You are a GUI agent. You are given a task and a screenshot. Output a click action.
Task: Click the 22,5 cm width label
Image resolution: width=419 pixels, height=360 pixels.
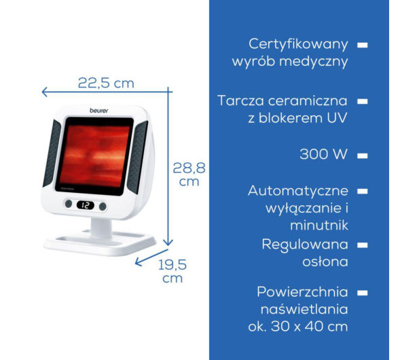106,83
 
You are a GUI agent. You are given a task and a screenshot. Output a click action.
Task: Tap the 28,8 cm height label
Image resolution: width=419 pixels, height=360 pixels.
189,175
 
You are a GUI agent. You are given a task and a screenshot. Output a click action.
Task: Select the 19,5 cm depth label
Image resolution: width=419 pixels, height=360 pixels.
172,271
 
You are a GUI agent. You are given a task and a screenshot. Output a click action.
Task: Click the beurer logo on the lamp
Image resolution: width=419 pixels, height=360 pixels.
99,111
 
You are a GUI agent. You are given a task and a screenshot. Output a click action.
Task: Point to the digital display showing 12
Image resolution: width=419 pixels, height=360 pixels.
86,205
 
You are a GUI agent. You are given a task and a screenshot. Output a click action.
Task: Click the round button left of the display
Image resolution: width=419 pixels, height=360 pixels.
69,204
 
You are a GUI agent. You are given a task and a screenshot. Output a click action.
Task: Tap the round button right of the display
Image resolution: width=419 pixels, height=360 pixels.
103,206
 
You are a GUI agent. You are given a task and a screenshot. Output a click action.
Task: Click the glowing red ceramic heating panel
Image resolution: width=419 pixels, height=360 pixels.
94,156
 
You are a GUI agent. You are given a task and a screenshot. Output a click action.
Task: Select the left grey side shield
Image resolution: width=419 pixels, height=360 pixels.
52,153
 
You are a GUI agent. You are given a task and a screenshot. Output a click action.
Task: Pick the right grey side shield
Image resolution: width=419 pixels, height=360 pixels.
137,157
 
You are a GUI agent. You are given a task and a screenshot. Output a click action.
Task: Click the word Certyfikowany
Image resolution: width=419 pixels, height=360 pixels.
298,44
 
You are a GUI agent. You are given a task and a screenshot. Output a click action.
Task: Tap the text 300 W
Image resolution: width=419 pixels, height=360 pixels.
323,154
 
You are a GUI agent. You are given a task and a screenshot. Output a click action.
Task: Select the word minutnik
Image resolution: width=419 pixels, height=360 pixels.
319,225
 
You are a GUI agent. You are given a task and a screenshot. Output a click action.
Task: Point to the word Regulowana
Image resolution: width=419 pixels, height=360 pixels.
305,245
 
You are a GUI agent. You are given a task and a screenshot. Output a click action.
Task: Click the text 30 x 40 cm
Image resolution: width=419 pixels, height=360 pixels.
309,326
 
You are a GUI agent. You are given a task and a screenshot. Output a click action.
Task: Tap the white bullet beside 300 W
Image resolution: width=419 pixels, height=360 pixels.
363,156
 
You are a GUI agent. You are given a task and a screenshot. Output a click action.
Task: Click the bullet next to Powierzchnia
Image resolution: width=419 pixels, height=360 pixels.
363,293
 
